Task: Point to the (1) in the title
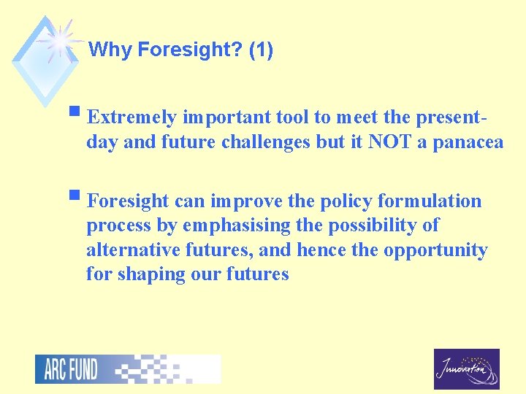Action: (x=261, y=50)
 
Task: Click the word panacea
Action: (x=468, y=142)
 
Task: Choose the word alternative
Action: (x=129, y=250)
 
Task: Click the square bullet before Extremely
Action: (x=77, y=114)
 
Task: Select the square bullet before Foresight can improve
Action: (x=77, y=197)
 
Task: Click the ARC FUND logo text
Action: (x=70, y=369)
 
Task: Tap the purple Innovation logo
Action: (x=466, y=369)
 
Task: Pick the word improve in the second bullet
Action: (x=243, y=201)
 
